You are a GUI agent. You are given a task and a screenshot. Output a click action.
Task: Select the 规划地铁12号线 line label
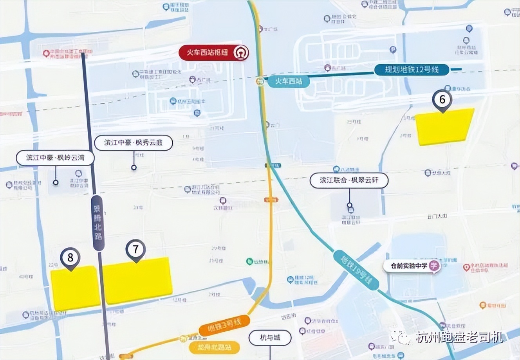pyautogui.click(x=412, y=70)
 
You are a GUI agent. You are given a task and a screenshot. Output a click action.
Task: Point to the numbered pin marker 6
pyautogui.click(x=442, y=100)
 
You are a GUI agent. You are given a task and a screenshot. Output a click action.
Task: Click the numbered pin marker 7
pyautogui.click(x=135, y=249)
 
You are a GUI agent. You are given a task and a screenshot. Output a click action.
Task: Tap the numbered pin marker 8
pyautogui.click(x=70, y=258)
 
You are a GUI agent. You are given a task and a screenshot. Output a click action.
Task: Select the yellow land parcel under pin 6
pyautogui.click(x=444, y=127)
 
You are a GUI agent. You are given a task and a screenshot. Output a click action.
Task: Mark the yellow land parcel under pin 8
pyautogui.click(x=76, y=288)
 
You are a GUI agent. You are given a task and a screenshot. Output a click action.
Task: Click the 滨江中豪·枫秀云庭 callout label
pyautogui.click(x=134, y=143)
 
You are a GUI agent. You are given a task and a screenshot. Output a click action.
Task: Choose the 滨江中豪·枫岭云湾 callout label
pyautogui.click(x=55, y=158)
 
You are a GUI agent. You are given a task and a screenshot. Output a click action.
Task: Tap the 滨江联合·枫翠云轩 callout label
pyautogui.click(x=349, y=180)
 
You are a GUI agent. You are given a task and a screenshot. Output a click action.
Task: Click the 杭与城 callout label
pyautogui.click(x=270, y=337)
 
